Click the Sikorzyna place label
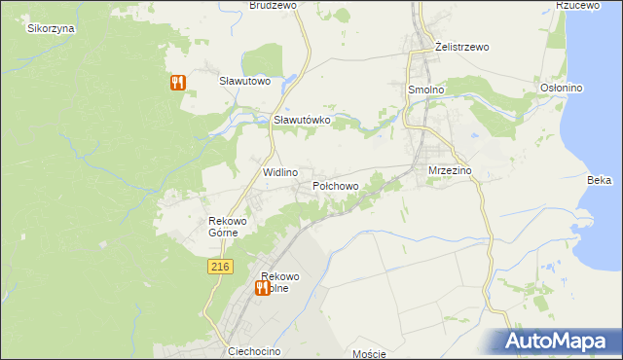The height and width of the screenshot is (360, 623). coord(52,28)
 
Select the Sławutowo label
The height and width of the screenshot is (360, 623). coord(243,81)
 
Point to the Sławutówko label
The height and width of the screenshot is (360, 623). coord(303,120)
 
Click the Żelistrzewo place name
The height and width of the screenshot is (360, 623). coord(461,46)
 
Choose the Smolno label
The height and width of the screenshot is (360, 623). coord(424,89)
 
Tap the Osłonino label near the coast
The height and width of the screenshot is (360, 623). coord(561,88)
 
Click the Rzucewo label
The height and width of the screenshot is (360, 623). coord(575,5)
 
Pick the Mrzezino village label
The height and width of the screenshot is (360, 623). coord(450,170)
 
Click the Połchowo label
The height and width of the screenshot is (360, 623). coord(336,185)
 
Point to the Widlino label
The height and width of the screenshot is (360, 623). coord(279,171)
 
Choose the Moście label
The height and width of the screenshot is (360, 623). coord(370,353)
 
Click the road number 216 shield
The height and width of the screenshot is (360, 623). coord(219,267)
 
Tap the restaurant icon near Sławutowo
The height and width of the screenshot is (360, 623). coord(176,83)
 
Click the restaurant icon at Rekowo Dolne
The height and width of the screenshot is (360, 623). coord(262,287)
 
